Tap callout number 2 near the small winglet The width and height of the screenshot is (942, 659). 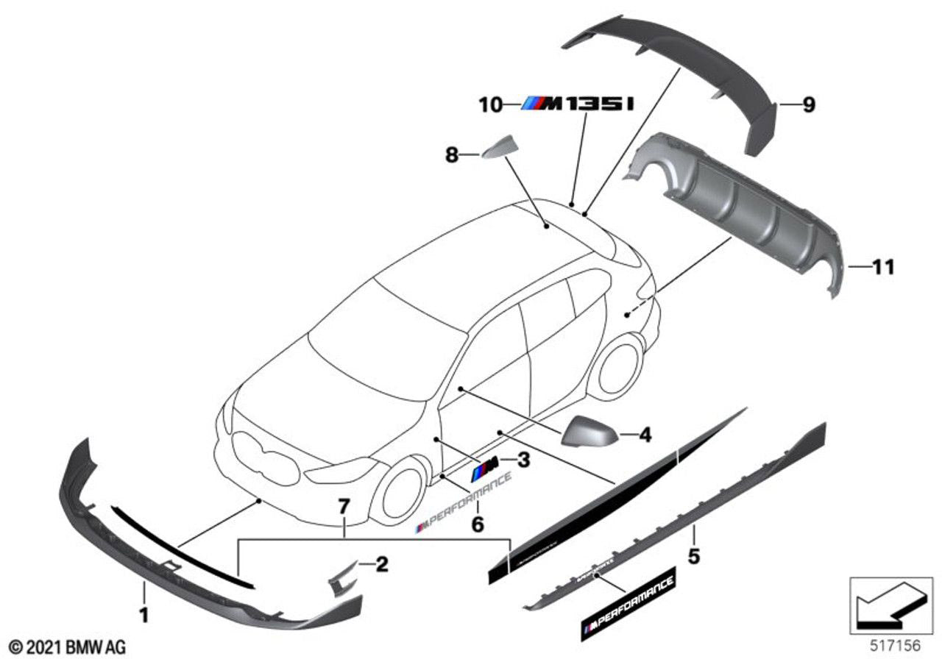[x=381, y=565]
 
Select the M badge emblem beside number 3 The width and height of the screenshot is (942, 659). [x=485, y=465]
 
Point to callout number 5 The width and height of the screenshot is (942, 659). [x=693, y=556]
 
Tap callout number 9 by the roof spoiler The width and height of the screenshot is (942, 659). [x=808, y=107]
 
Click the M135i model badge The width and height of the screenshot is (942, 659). [x=578, y=105]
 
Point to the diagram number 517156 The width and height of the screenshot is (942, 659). [x=896, y=645]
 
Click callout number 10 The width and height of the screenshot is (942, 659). [x=489, y=105]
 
